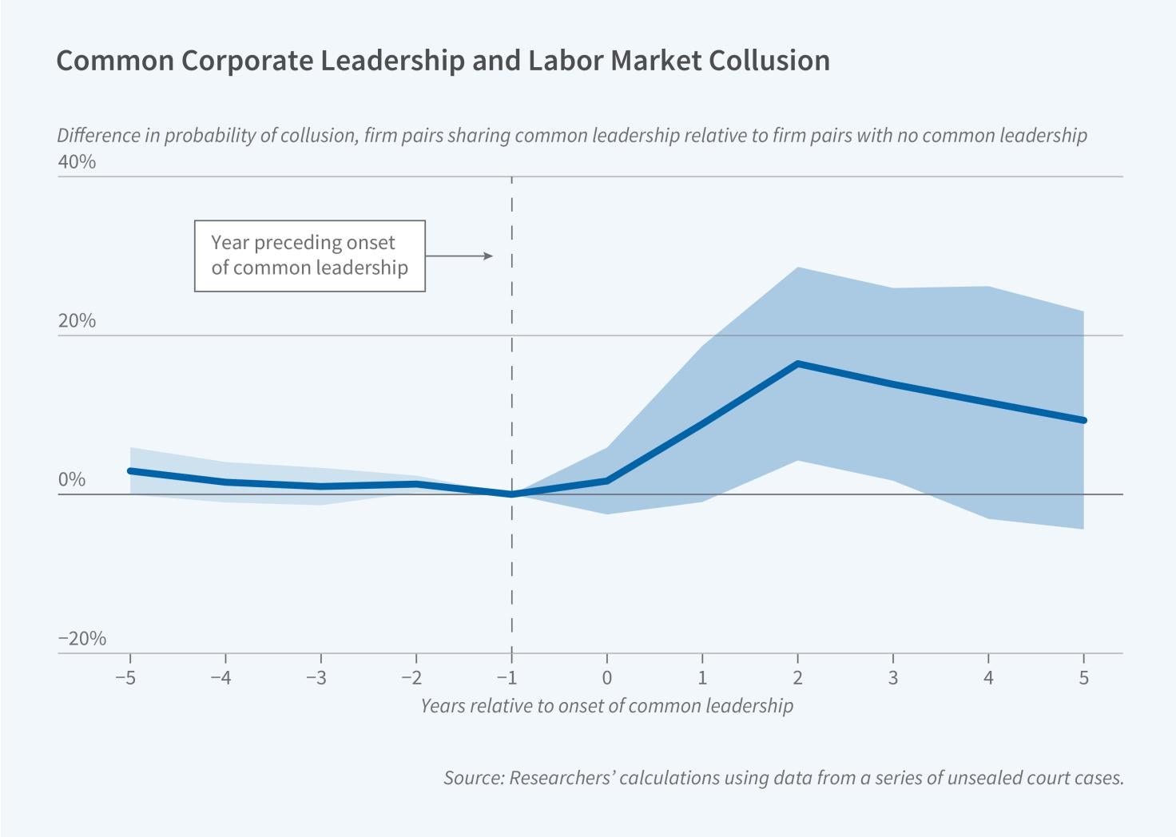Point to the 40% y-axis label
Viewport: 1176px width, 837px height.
click(77, 162)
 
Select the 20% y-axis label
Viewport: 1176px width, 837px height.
click(77, 321)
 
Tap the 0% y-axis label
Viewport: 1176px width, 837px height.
click(71, 480)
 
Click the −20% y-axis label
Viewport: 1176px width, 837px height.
click(81, 639)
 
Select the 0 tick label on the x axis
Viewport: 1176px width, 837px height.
click(607, 678)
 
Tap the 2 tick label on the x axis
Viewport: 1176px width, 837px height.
click(797, 678)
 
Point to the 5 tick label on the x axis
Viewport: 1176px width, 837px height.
click(1083, 678)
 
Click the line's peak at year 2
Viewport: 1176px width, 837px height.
click(797, 364)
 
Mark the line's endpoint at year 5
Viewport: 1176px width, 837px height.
click(1083, 420)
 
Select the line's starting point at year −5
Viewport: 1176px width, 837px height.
click(130, 470)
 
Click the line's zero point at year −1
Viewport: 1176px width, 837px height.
click(511, 494)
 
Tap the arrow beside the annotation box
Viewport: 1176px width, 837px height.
click(460, 256)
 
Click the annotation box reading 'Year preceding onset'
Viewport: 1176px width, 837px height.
click(309, 256)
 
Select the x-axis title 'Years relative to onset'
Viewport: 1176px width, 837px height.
click(606, 706)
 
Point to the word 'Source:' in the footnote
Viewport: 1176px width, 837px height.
click(472, 778)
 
